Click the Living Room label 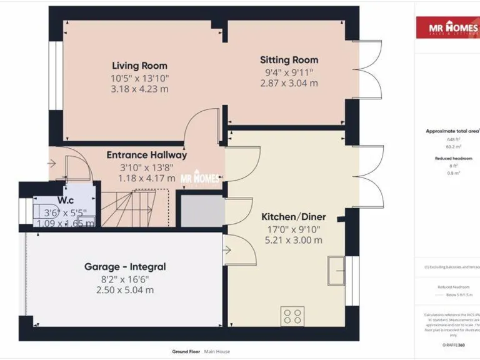click(139, 66)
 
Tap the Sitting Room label click(289, 60)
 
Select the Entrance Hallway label click(146, 155)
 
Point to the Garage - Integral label click(125, 267)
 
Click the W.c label click(67, 201)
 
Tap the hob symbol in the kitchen click(292, 316)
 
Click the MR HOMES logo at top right click(447, 28)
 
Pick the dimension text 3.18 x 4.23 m click(139, 89)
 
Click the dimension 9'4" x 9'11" click(289, 72)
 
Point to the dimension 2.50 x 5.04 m click(125, 290)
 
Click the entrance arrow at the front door click(51, 164)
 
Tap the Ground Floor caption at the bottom click(186, 352)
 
